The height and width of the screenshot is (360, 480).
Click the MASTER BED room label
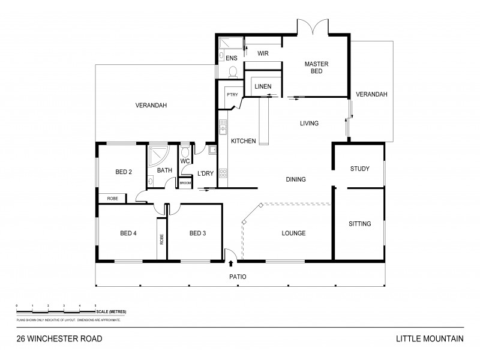point(314,67)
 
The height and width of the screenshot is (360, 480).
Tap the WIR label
point(263,53)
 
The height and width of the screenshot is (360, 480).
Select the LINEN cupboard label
point(263,87)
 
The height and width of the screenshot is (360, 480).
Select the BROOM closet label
point(185,183)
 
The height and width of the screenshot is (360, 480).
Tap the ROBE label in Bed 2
point(112,198)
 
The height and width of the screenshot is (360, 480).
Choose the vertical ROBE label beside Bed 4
point(161,239)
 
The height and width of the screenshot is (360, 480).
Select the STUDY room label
point(359,169)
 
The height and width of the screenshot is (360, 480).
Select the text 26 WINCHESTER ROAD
point(59,338)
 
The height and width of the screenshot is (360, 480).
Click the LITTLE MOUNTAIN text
point(429,338)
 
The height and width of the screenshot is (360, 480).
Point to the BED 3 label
point(197,233)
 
